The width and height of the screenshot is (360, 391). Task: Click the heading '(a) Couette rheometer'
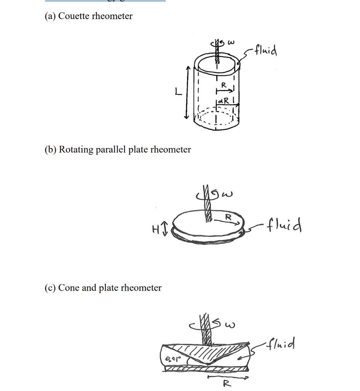pyautogui.click(x=89, y=16)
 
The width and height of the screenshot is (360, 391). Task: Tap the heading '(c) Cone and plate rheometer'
pyautogui.click(x=103, y=288)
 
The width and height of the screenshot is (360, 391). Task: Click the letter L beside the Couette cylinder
pyautogui.click(x=176, y=92)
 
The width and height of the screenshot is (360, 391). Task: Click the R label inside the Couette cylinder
pyautogui.click(x=224, y=84)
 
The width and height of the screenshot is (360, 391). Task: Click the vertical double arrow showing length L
pyautogui.click(x=187, y=92)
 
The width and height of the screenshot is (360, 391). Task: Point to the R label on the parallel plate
pyautogui.click(x=228, y=217)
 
